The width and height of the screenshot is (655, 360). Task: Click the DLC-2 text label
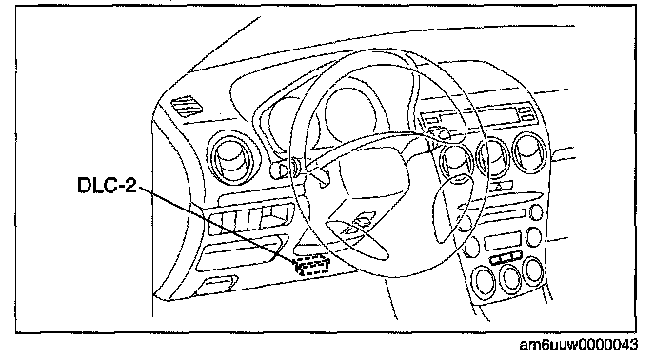point(107,185)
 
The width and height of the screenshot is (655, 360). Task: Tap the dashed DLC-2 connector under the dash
point(312,266)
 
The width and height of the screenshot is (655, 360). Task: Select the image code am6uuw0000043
point(579,345)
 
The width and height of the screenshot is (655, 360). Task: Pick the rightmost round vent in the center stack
point(530,152)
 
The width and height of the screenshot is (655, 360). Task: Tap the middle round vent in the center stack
point(493,158)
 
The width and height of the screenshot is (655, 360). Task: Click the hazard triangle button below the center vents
point(498,187)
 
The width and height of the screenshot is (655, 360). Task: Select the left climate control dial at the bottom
point(484,281)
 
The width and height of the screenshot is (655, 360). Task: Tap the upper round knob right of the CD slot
point(536,212)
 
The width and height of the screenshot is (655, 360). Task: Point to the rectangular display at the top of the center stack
point(477,115)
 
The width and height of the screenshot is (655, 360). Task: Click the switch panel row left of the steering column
point(250,219)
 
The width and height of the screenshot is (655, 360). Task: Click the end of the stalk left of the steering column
point(277,170)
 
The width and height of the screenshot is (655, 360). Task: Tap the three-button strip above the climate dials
point(506,257)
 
